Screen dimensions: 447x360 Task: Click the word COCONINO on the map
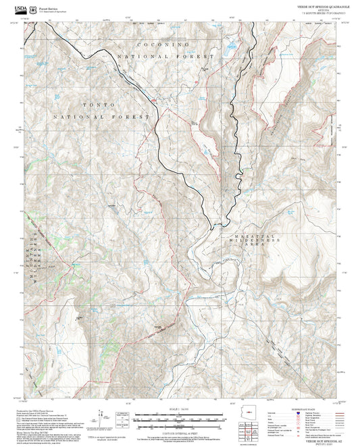point(161,44)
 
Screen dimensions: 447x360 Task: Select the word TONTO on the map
point(98,106)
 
